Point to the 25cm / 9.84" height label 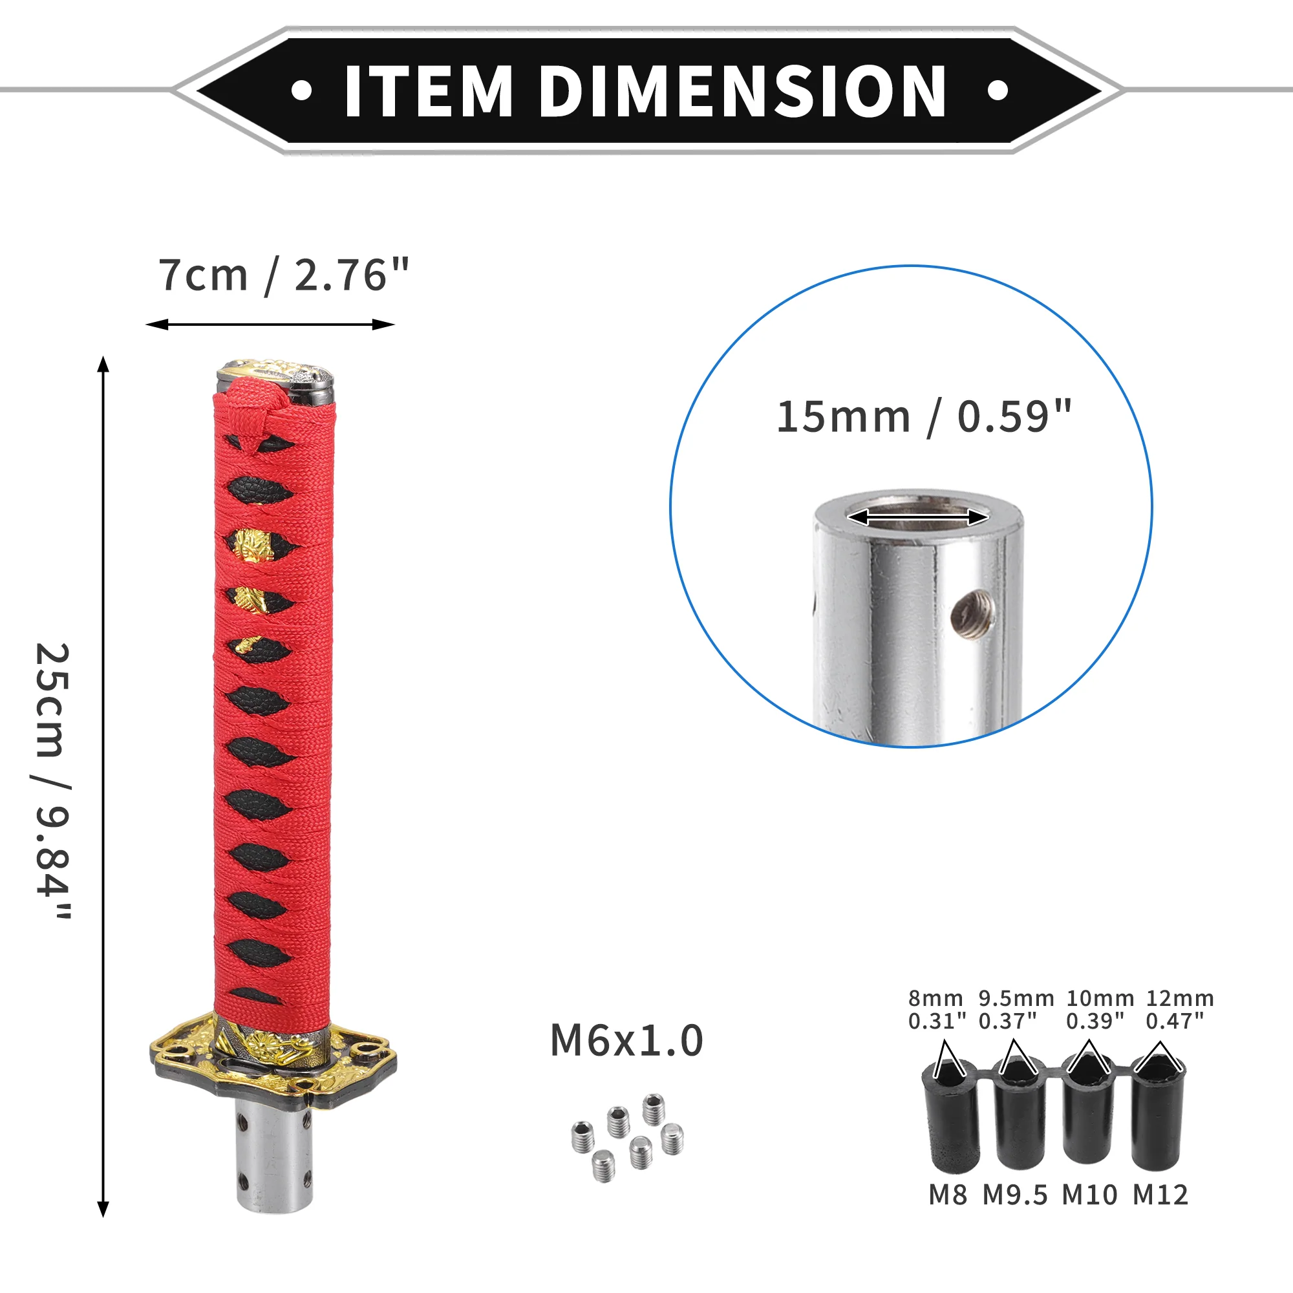pos(53,782)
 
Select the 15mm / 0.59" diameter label pos(924,417)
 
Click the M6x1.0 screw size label pos(626,1040)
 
